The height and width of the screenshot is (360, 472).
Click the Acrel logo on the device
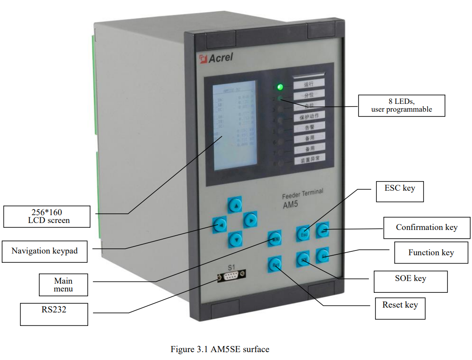(216, 58)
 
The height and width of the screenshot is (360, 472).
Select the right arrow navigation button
(250, 220)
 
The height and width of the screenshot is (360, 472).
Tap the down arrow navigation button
(235, 238)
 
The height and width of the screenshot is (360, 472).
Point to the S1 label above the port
(231, 266)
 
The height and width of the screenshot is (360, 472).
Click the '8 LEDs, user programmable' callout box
(401, 106)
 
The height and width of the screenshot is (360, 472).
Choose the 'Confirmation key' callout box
(427, 227)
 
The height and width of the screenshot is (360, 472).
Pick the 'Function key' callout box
(431, 253)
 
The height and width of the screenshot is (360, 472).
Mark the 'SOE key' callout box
(410, 281)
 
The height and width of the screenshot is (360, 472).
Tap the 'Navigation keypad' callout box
(45, 251)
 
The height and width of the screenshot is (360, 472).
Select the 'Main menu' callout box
(63, 285)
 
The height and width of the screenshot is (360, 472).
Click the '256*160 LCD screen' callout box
(46, 216)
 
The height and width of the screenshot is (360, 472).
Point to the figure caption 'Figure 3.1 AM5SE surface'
(220, 349)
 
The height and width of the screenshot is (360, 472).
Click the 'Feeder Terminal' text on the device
(303, 194)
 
